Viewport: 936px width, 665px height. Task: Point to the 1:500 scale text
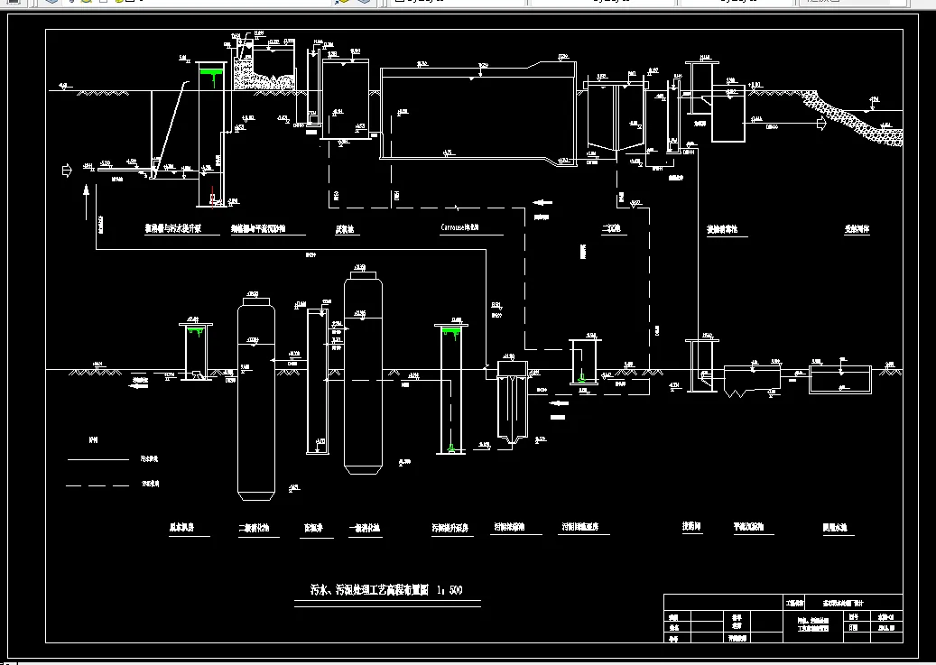(449, 591)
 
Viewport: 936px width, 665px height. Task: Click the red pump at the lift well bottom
(212, 193)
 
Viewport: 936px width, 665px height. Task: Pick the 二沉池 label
(613, 229)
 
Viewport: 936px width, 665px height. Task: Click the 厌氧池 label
(348, 229)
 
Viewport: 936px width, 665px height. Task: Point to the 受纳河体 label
(857, 229)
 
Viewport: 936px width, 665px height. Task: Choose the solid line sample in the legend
(98, 459)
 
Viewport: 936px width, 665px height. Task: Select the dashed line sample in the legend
(98, 485)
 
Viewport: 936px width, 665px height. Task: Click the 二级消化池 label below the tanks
(254, 529)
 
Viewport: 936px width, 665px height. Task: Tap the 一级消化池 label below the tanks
(365, 529)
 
